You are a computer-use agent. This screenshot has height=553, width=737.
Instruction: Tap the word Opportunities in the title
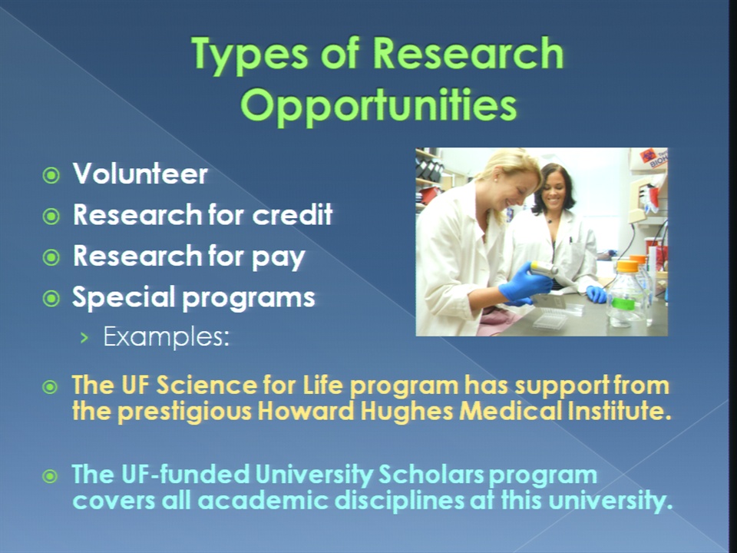378,106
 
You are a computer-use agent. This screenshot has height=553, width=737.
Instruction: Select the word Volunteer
140,174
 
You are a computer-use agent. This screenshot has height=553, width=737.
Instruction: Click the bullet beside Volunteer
51,175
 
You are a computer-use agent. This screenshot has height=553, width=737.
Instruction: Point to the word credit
292,214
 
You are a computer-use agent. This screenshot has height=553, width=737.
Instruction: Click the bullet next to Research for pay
51,257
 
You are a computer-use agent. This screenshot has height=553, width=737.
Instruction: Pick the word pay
279,257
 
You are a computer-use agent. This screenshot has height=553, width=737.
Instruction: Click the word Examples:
167,336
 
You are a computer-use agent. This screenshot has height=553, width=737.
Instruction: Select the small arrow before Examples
84,337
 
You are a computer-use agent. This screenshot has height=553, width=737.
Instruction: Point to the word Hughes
407,412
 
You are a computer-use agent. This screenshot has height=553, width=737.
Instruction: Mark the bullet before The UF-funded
50,476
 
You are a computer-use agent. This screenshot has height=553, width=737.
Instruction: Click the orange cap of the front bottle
627,266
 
